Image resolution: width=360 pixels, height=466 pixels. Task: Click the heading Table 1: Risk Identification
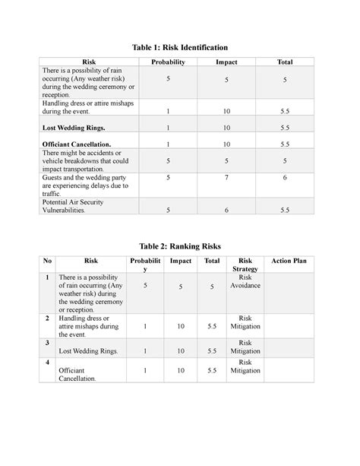[x=180, y=47]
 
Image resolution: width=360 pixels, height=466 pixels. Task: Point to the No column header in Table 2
[x=47, y=261]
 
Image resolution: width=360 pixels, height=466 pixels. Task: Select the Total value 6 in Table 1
[x=283, y=176]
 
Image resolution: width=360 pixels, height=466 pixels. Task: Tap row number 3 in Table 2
[x=47, y=343]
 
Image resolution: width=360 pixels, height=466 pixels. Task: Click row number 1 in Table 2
[x=47, y=278]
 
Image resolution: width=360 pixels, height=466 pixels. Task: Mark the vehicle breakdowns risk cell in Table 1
[x=91, y=161]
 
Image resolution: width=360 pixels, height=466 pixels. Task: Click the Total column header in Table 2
[x=211, y=261]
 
